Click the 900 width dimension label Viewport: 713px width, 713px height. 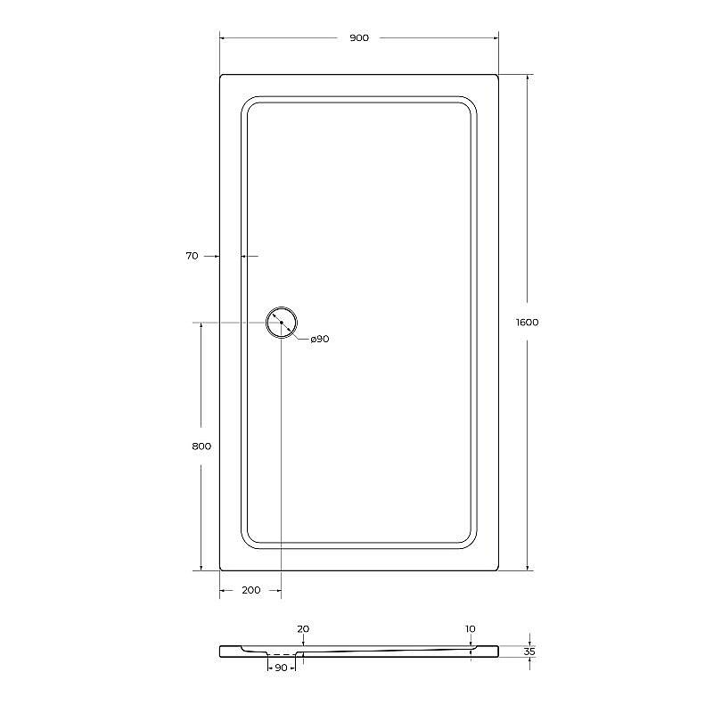click(x=359, y=37)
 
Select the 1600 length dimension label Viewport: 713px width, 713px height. click(x=527, y=323)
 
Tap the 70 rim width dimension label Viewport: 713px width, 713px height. click(x=192, y=256)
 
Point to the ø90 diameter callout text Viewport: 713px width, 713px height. click(x=320, y=339)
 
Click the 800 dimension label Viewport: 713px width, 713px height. click(x=201, y=447)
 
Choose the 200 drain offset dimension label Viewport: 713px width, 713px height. click(x=250, y=590)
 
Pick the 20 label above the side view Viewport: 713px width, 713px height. click(x=303, y=629)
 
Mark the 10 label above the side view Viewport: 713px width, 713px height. click(x=470, y=629)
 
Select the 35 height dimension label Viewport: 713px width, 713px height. click(x=529, y=652)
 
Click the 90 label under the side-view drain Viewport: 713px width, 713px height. click(x=280, y=668)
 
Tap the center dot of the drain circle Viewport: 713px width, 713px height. click(x=281, y=323)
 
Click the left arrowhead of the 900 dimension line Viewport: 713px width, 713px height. click(x=223, y=37)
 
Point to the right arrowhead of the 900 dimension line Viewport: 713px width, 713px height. click(x=495, y=37)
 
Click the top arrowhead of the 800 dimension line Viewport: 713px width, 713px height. click(x=201, y=326)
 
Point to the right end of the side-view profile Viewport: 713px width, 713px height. click(x=496, y=652)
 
